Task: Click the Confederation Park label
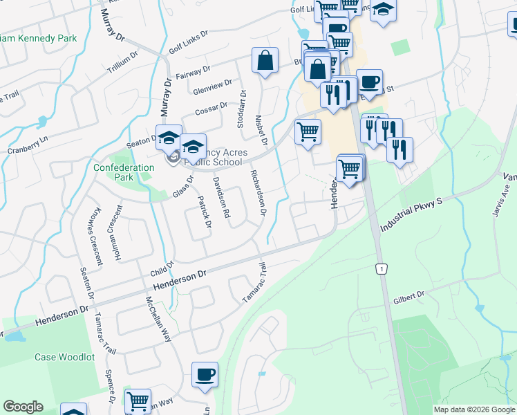124,172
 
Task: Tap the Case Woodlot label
64,357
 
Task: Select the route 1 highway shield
379,268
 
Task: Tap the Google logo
23,407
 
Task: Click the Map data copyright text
473,409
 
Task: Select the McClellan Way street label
158,320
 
